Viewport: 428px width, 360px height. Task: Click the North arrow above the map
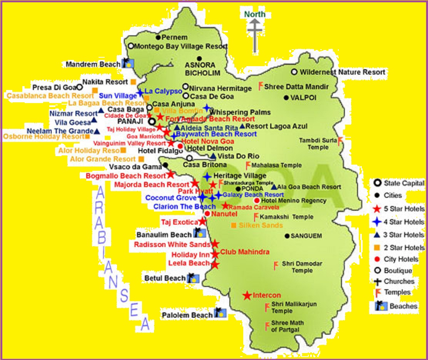click(254, 33)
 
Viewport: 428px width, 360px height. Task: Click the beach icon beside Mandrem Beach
click(128, 63)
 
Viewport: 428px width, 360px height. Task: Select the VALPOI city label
click(303, 98)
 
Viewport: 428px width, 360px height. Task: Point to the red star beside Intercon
click(247, 295)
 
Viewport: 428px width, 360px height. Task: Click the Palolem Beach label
click(187, 315)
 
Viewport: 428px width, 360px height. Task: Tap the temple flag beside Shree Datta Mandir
click(261, 86)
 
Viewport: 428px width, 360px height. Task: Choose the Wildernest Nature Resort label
click(343, 72)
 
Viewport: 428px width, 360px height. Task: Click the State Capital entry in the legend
click(398, 183)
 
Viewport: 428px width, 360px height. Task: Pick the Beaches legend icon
click(380, 306)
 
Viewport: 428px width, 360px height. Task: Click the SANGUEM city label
click(306, 236)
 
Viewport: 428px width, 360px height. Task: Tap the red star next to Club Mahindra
click(215, 253)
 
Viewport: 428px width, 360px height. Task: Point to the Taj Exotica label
click(179, 222)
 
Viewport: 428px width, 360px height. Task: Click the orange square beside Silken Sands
click(234, 225)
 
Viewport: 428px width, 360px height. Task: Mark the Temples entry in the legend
click(397, 292)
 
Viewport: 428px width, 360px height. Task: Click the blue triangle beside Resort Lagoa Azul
click(242, 126)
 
